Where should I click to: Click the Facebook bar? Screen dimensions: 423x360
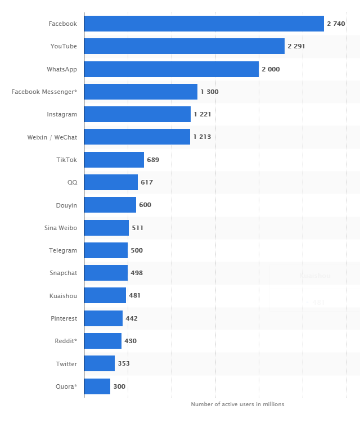tap(204, 24)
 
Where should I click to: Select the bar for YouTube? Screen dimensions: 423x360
tap(184, 46)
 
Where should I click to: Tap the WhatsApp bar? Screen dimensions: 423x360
tap(171, 69)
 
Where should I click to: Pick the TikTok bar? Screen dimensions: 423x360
tap(114, 160)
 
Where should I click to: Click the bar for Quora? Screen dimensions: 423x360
tap(97, 386)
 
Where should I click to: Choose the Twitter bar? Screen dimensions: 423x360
tap(99, 363)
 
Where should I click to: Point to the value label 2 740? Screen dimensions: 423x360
tap(336, 24)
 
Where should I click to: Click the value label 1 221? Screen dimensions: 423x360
tap(202, 114)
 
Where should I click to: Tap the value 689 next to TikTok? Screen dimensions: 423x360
tap(153, 160)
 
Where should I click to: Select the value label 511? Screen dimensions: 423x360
tap(137, 228)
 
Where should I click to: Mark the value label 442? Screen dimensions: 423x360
tap(131, 318)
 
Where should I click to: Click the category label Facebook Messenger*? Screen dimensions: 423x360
tap(44, 92)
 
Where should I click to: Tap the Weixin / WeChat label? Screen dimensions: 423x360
tap(52, 137)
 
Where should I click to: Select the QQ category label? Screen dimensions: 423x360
tap(72, 182)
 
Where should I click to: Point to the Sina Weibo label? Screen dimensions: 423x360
tap(61, 228)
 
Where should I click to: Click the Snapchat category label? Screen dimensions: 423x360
tap(63, 273)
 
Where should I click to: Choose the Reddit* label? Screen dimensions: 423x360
tap(66, 341)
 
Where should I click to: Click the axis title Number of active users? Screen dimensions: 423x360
tap(237, 404)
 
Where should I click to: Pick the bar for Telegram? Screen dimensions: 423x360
tap(106, 250)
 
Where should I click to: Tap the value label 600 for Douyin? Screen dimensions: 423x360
tap(145, 205)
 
